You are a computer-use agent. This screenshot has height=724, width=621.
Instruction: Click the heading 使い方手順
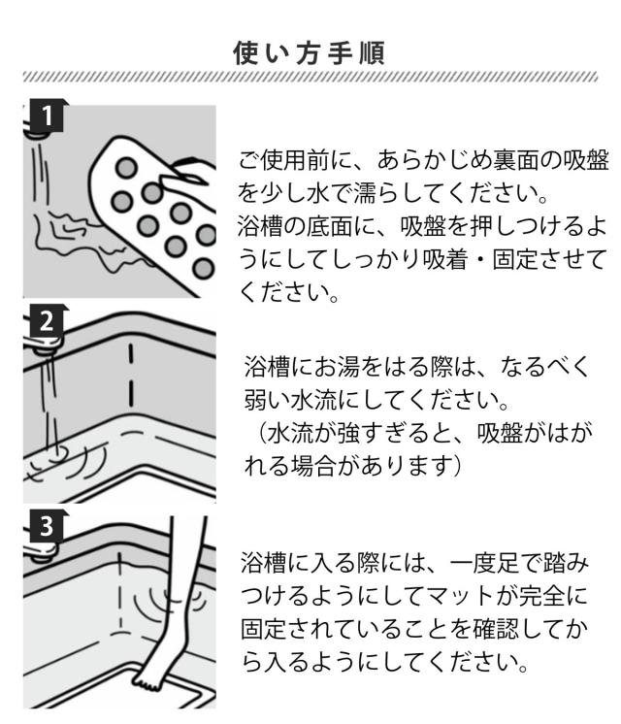(x=310, y=52)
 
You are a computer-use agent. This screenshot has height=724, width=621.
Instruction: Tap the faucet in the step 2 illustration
(x=39, y=346)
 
